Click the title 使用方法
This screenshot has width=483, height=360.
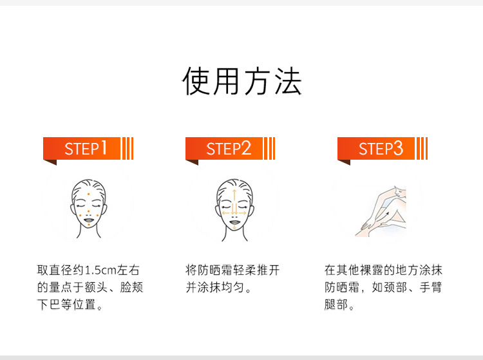pos(241,81)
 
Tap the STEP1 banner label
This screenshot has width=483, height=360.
pos(86,148)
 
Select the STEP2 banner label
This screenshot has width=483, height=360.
pos(229,148)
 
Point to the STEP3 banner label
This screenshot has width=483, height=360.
pos(381,148)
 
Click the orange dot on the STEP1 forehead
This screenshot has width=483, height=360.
pos(88,194)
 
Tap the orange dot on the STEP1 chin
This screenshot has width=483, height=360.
pos(89,225)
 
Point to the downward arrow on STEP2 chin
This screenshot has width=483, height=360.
pos(234,227)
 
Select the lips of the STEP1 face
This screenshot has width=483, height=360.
pos(89,220)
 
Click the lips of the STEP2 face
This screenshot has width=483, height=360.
pos(234,222)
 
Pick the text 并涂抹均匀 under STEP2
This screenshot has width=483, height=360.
pos(214,287)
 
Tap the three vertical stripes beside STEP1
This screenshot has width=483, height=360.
pos(128,148)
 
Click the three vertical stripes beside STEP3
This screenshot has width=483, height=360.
pos(422,148)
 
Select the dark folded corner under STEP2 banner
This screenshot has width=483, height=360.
pos(192,162)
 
